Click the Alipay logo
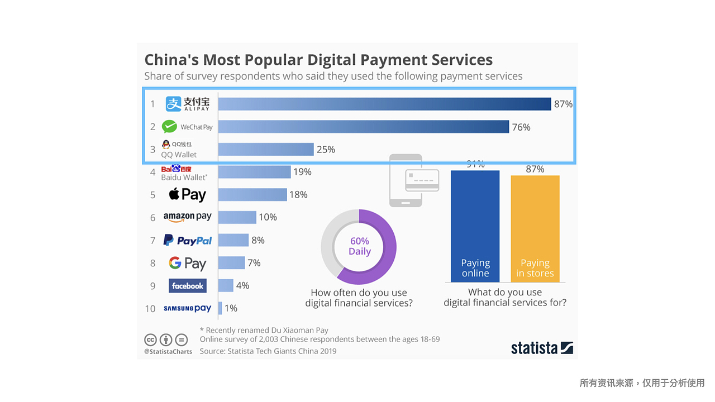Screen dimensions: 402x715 tap(188, 104)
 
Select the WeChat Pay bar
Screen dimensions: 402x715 tap(363, 127)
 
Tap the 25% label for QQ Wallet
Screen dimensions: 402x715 tap(326, 150)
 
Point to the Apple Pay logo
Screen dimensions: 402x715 tap(188, 194)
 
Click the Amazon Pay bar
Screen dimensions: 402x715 tap(237, 217)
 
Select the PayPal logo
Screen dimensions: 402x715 tap(188, 240)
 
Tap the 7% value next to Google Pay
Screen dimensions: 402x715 tap(254, 262)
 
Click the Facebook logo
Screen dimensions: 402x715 tap(188, 286)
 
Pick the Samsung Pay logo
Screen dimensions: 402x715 tap(188, 308)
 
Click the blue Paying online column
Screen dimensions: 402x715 tap(475, 223)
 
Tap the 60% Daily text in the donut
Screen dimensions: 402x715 tap(359, 246)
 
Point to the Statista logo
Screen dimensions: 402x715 tap(542, 348)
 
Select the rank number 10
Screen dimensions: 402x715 tap(150, 309)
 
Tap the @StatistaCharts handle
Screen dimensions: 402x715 tap(168, 352)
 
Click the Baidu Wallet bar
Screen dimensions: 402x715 tap(254, 172)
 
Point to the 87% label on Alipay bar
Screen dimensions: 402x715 tap(563, 104)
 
